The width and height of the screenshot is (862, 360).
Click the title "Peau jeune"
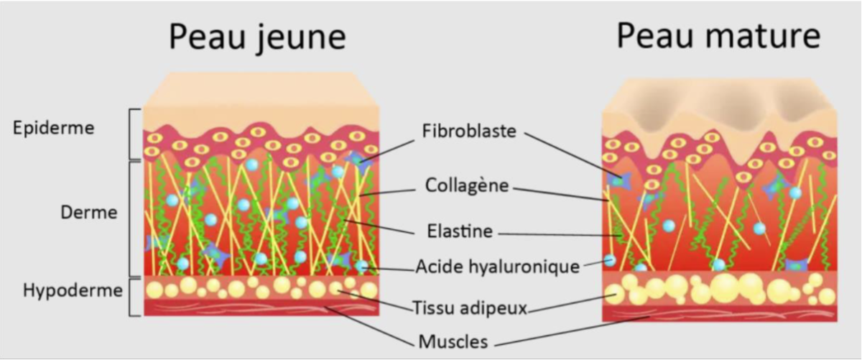257,37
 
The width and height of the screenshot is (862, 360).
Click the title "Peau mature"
718,35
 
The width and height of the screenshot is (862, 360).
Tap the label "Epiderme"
53,128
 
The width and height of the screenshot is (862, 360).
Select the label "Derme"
89,212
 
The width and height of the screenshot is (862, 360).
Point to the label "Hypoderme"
73,291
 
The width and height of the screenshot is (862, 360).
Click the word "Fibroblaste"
469,131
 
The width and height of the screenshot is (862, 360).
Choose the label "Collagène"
467,185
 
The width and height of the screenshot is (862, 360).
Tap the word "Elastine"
460,231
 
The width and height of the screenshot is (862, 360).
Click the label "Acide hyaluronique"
498,267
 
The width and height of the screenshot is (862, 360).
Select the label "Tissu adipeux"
470,308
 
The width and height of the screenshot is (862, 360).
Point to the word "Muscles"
453,341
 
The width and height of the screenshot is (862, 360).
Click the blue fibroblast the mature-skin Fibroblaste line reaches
619,180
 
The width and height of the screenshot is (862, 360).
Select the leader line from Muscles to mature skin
573,331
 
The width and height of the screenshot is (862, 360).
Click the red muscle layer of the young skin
261,308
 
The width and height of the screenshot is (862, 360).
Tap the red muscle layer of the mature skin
719,313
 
